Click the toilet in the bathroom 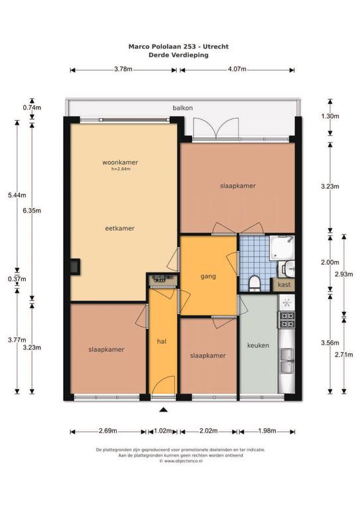click(253, 283)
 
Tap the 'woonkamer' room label click(120, 162)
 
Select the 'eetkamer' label click(120, 228)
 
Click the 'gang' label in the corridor click(208, 276)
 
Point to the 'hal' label click(162, 341)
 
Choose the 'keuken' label click(258, 345)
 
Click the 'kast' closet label click(284, 285)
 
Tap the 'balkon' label click(183, 108)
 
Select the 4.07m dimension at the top click(237, 69)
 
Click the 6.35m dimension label click(32, 210)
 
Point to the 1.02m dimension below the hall click(162, 431)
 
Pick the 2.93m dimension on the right click(344, 274)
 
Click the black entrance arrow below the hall click(164, 410)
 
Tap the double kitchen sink click(287, 361)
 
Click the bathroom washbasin click(288, 269)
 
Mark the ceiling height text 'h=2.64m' click(121, 169)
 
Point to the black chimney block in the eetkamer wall click(74, 267)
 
